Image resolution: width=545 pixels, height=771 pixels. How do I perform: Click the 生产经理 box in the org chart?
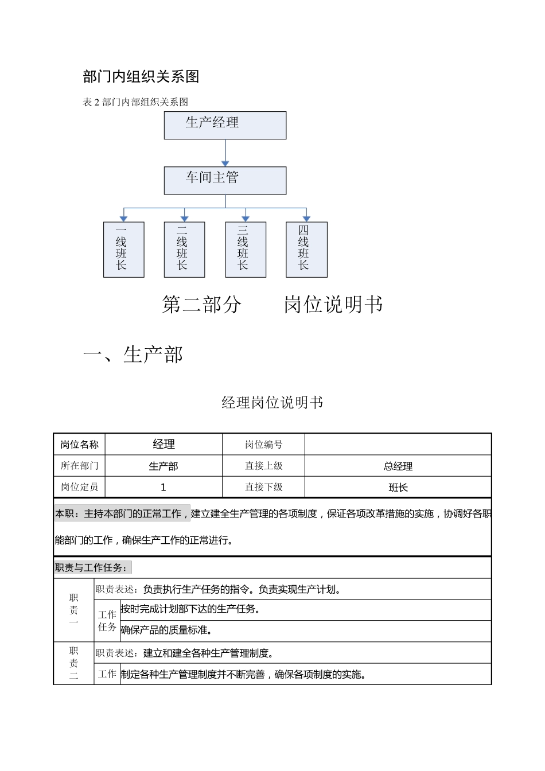pyautogui.click(x=225, y=125)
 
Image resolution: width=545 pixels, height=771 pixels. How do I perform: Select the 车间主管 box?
pyautogui.click(x=225, y=180)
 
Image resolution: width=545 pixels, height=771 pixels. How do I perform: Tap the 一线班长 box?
pyautogui.click(x=123, y=250)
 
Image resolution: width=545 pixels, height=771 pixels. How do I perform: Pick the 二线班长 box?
pyautogui.click(x=184, y=250)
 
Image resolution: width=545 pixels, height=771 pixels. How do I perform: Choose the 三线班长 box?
pyautogui.click(x=246, y=250)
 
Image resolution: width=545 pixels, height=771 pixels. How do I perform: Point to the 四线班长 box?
pyautogui.click(x=306, y=250)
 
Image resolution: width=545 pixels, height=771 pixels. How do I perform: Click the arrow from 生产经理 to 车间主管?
pyautogui.click(x=225, y=153)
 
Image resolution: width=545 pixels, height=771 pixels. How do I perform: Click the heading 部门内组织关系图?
pyautogui.click(x=141, y=77)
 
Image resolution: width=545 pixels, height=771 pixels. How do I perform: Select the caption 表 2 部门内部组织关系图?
pyautogui.click(x=135, y=102)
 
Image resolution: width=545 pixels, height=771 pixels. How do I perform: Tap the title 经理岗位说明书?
pyautogui.click(x=272, y=403)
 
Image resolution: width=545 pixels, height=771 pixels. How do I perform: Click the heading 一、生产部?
pyautogui.click(x=133, y=355)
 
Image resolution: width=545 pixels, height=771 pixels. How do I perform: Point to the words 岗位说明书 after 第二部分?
pyautogui.click(x=333, y=305)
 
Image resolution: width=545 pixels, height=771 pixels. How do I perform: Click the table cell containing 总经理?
pyautogui.click(x=398, y=466)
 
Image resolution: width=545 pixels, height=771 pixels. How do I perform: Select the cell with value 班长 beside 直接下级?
pyautogui.click(x=398, y=487)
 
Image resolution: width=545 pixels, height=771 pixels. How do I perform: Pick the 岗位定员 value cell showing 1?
pyautogui.click(x=163, y=487)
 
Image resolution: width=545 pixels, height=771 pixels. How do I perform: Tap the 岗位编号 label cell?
pyautogui.click(x=263, y=444)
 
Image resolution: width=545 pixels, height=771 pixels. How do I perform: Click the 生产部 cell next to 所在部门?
pyautogui.click(x=163, y=466)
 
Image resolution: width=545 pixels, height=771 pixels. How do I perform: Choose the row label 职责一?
pyautogui.click(x=73, y=610)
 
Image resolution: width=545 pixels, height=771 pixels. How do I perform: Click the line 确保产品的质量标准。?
pyautogui.click(x=167, y=630)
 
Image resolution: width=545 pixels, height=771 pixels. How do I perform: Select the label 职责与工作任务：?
pyautogui.click(x=92, y=568)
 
